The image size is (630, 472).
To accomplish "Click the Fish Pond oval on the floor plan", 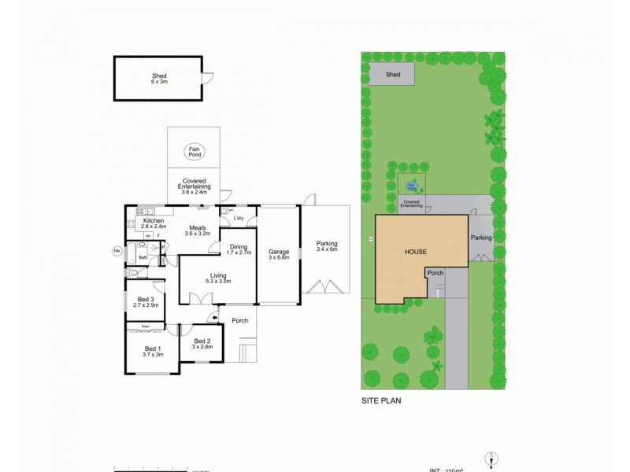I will (x=194, y=152).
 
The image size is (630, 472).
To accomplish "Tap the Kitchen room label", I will (x=152, y=221).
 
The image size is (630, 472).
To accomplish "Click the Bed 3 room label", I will (x=145, y=299).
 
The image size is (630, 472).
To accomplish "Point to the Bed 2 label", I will (x=202, y=341).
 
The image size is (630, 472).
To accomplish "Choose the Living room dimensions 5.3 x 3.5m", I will (x=217, y=281).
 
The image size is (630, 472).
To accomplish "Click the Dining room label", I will (x=238, y=246).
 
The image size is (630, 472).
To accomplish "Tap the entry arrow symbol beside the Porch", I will (x=214, y=318).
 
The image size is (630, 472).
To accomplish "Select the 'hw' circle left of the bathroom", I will (x=117, y=251).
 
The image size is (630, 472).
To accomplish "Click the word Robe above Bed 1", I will (x=146, y=326).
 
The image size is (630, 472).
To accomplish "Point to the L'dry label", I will (x=239, y=219).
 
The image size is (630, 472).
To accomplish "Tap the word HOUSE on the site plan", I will (x=416, y=252).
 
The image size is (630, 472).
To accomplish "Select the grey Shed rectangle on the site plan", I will (x=393, y=75).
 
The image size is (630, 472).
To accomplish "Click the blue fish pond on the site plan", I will (x=411, y=187).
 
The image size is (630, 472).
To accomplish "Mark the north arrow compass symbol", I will (x=492, y=460).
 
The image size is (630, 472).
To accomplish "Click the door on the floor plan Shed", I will (x=208, y=77).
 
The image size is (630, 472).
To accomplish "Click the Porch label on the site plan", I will (x=435, y=273).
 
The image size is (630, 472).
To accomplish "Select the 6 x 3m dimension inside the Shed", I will (x=160, y=81).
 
